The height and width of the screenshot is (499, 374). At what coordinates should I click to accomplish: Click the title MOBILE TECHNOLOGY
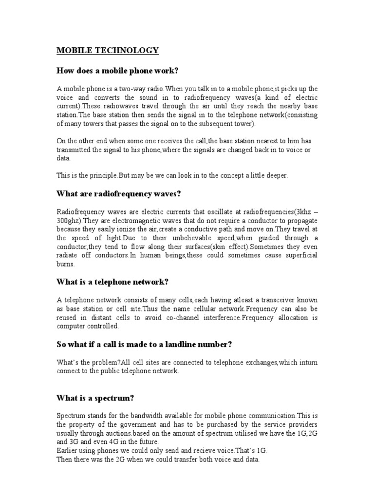[108, 50]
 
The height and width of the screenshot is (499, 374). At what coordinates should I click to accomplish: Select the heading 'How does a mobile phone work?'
[118, 71]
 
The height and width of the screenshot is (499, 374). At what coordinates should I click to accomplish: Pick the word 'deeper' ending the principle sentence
[276, 176]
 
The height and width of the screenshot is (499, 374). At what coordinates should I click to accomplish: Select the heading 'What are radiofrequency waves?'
[119, 194]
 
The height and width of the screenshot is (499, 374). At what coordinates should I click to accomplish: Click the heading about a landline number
[144, 345]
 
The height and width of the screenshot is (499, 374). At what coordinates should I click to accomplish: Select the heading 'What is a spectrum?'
[95, 398]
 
